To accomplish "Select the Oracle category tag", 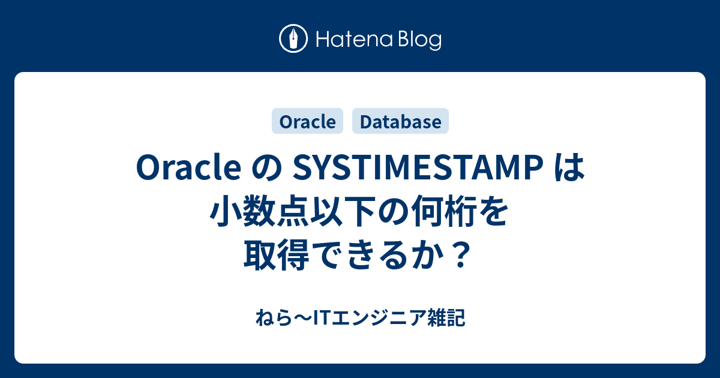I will (308, 122).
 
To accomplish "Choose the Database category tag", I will (401, 122).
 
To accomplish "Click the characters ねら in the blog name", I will (268, 318).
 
